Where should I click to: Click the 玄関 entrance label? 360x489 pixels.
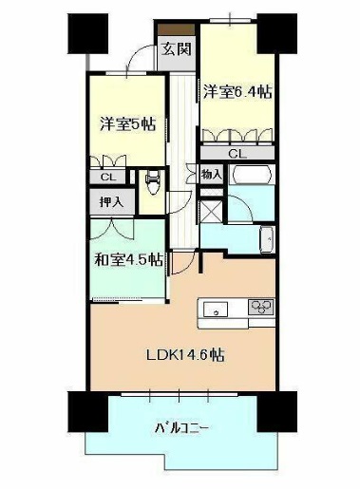[x=177, y=48]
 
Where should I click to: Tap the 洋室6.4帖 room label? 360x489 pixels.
[x=237, y=92]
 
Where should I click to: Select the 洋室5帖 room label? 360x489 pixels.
[x=128, y=123]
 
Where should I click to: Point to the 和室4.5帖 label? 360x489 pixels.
[x=129, y=259]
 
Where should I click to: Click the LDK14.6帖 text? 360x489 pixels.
[x=185, y=354]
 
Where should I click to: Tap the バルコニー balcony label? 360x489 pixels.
[x=181, y=428]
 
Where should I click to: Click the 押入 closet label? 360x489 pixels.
[x=111, y=201]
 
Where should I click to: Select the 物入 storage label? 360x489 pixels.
[x=211, y=174]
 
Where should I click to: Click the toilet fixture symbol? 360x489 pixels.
[x=153, y=182]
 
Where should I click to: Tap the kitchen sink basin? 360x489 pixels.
[x=216, y=309]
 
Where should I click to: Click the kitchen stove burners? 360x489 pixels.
[x=261, y=307]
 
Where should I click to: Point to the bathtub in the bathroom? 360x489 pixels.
[x=252, y=174]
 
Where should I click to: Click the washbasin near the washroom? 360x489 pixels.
[x=267, y=239]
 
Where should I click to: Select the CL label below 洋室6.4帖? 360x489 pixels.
[x=237, y=154]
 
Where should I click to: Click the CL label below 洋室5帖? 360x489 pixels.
[x=108, y=177]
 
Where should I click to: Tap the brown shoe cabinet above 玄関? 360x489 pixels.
[x=177, y=29]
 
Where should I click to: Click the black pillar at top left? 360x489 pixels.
[x=88, y=33]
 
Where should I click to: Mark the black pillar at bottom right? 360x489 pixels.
[x=277, y=412]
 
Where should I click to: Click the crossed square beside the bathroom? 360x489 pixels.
[x=212, y=211]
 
